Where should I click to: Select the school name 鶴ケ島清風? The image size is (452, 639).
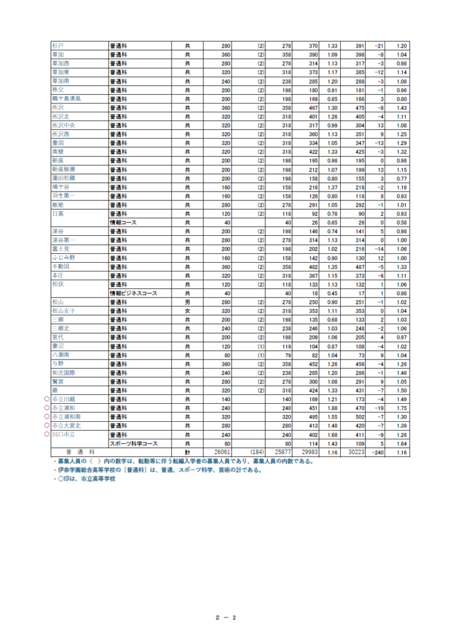point(66,99)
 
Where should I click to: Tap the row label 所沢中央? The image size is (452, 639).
point(62,125)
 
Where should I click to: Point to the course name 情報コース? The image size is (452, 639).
point(124,223)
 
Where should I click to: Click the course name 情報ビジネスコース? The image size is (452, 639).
point(133,293)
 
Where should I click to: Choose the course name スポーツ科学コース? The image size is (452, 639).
point(134,444)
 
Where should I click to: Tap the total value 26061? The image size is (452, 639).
point(222,452)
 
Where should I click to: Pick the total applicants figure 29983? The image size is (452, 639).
point(309,452)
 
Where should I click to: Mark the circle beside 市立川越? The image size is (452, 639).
point(47,399)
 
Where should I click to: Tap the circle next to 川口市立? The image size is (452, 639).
point(47,435)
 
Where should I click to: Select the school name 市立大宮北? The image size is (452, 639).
point(66,426)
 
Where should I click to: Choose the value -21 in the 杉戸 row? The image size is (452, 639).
point(377,46)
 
